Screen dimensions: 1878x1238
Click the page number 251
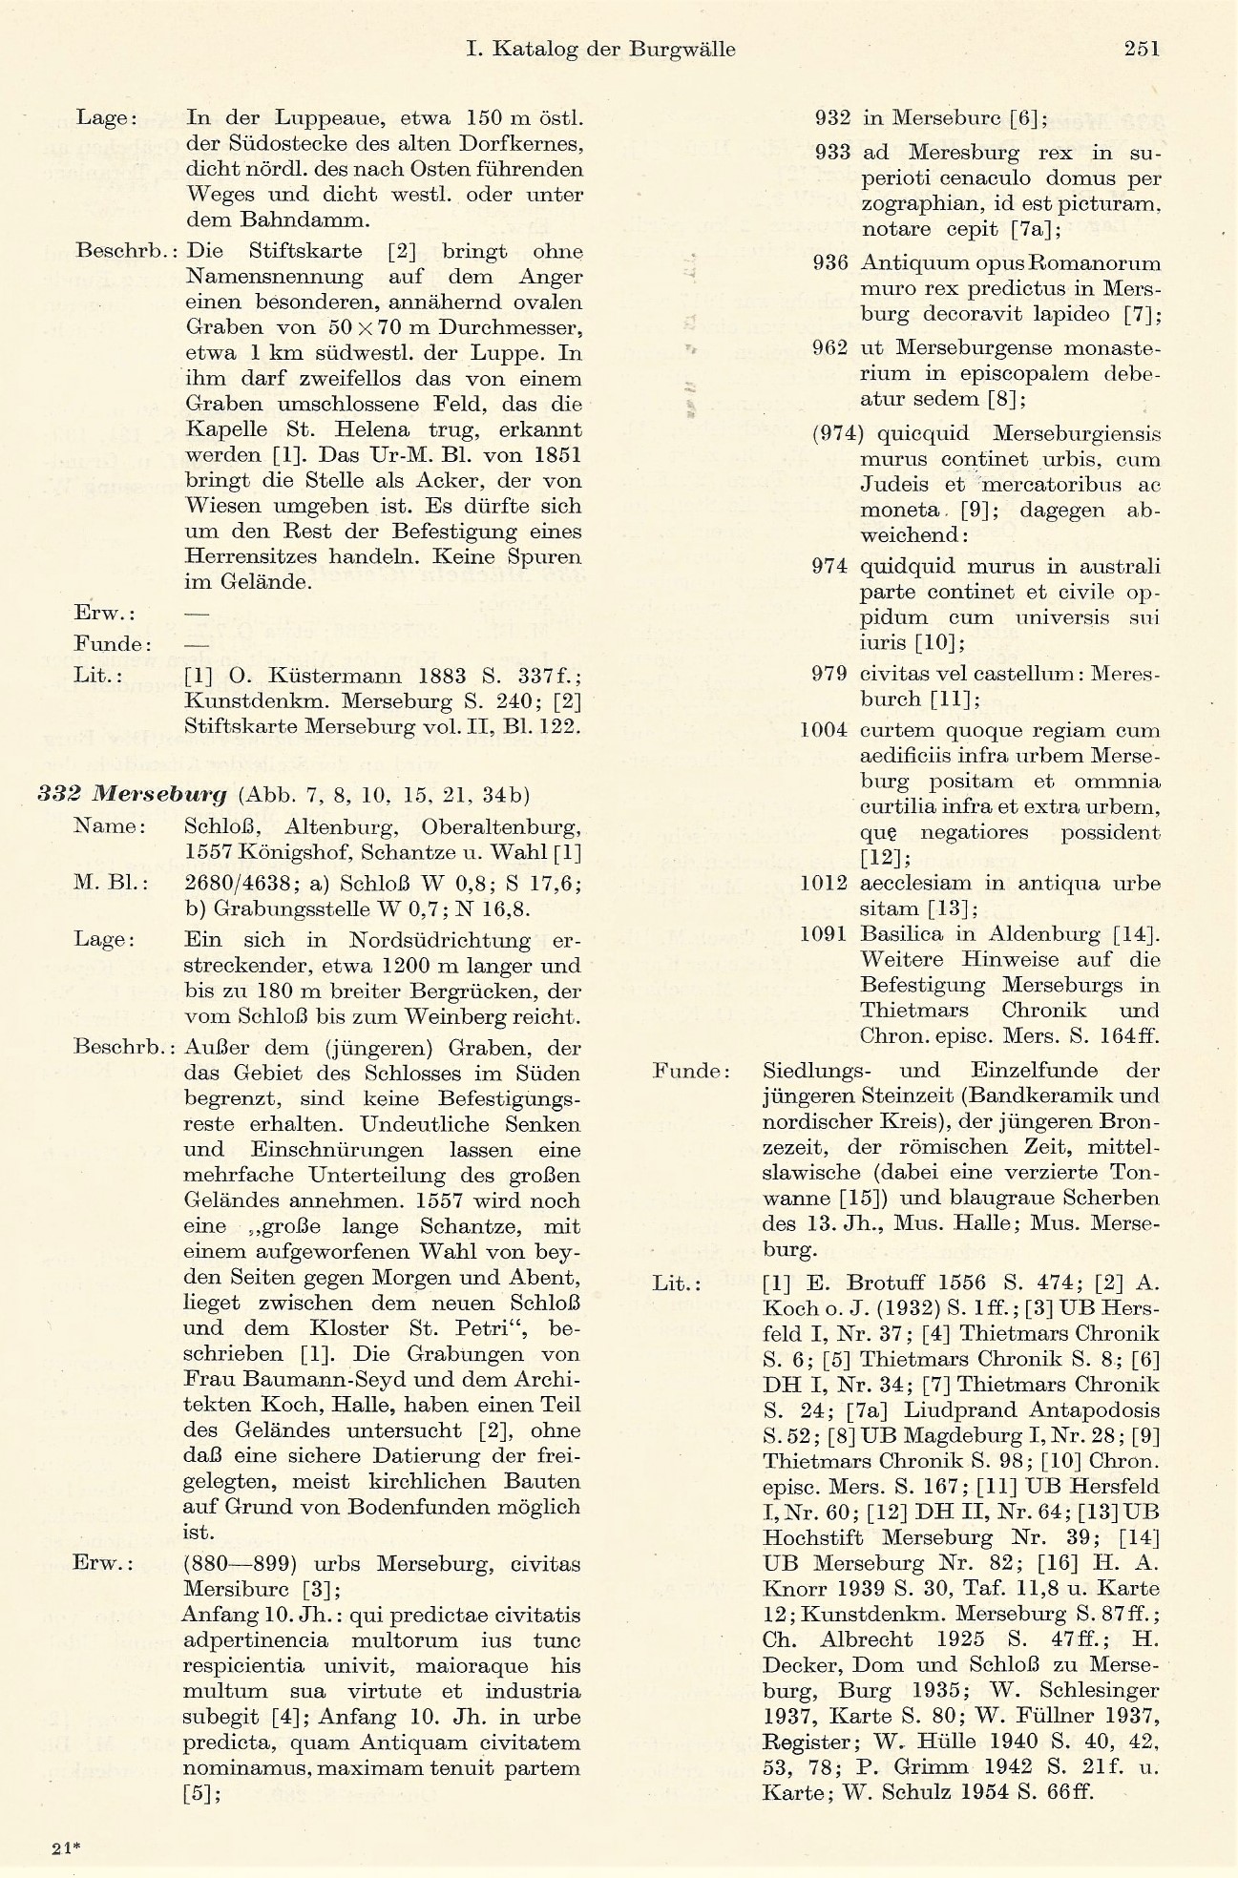pyautogui.click(x=1141, y=49)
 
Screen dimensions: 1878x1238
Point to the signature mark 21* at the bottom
pyautogui.click(x=67, y=1847)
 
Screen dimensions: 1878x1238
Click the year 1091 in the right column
pyautogui.click(x=824, y=933)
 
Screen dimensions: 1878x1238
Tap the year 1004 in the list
pyautogui.click(x=824, y=731)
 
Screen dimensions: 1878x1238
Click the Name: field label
pyautogui.click(x=110, y=826)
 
